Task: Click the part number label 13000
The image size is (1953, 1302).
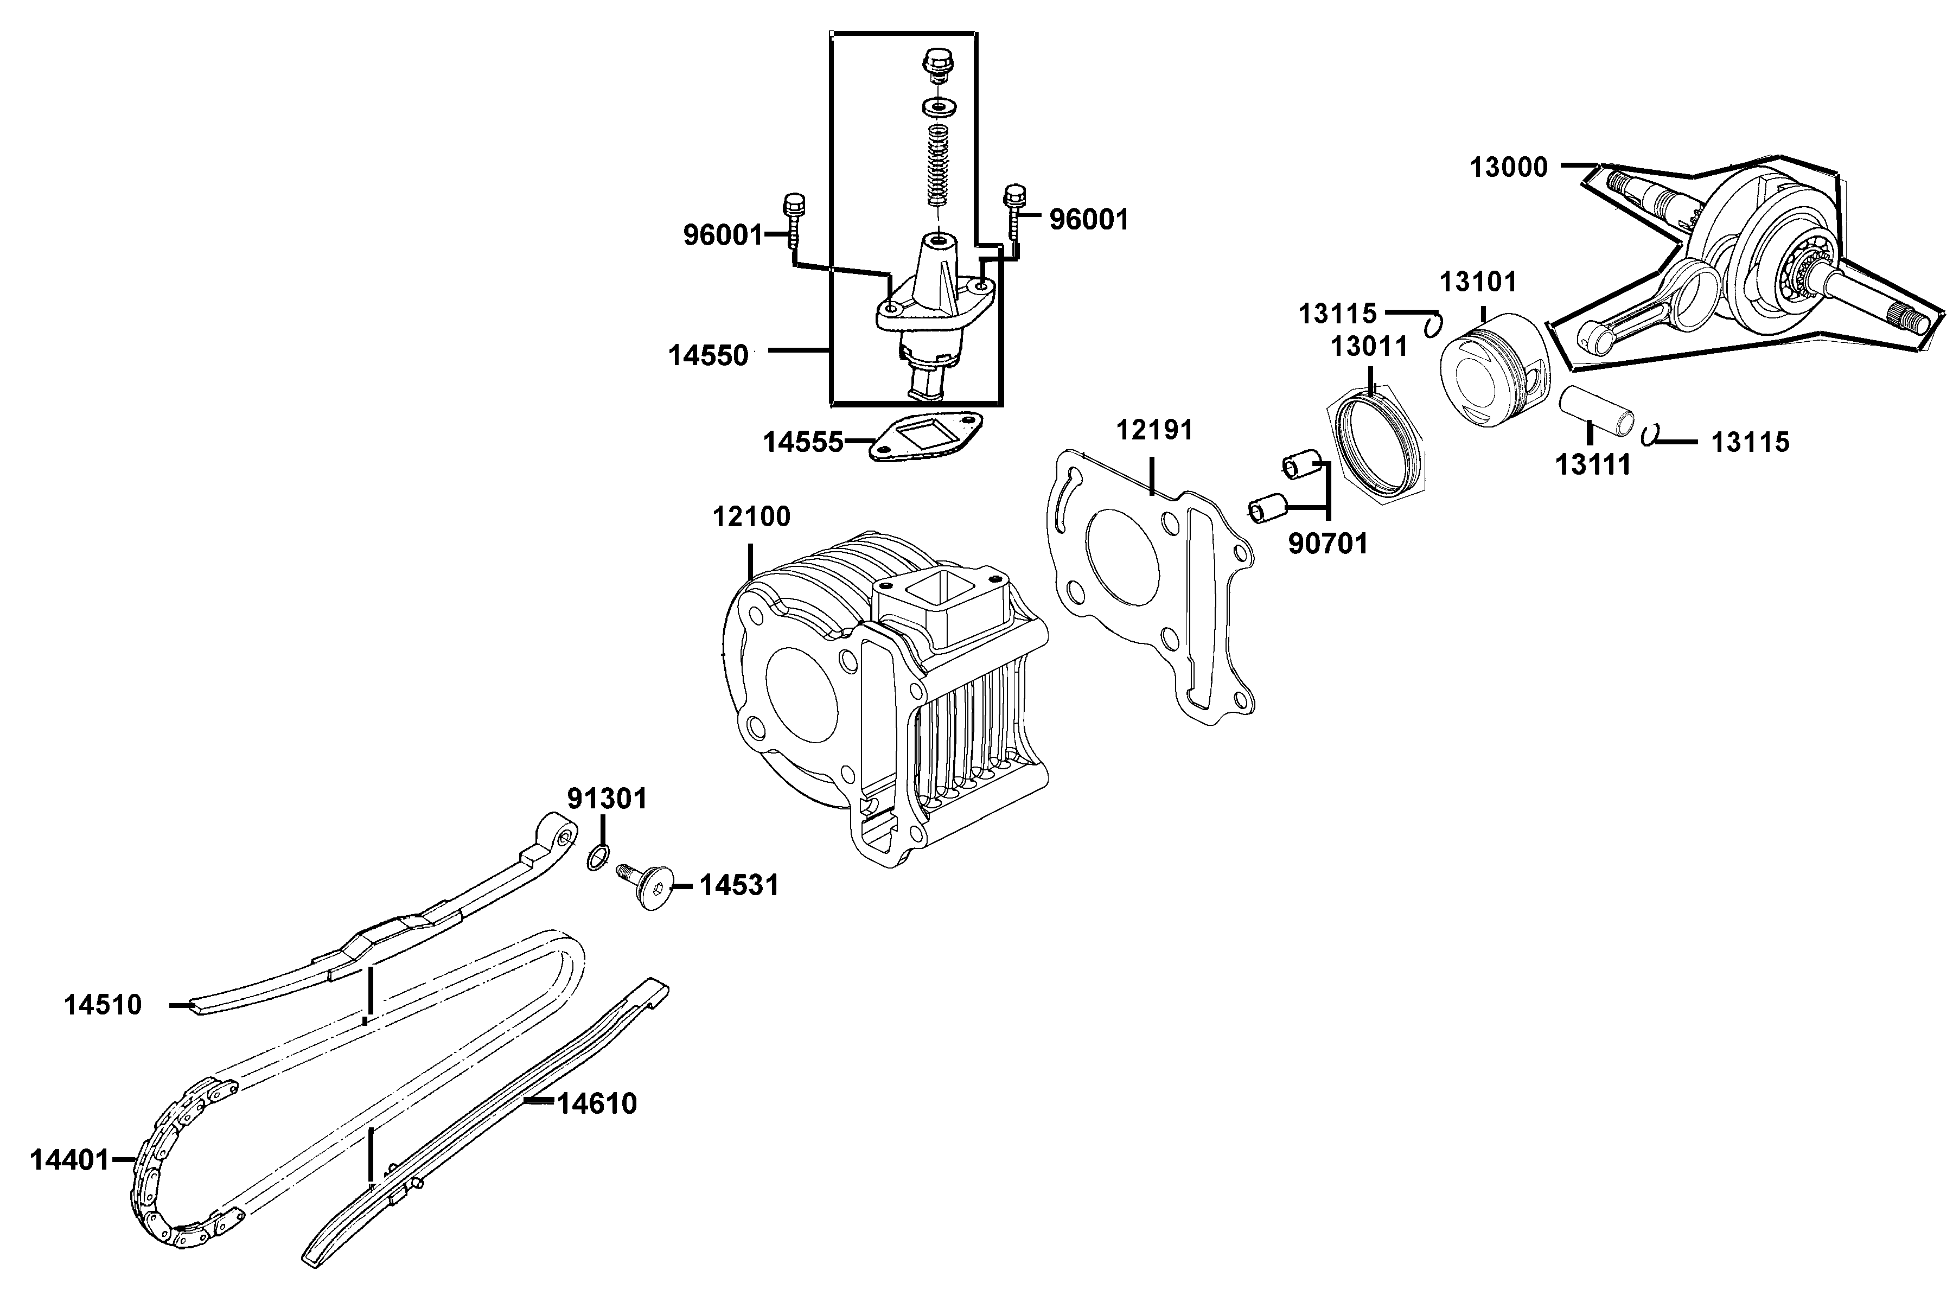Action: tap(1509, 168)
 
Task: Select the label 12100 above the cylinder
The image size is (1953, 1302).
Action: tap(751, 516)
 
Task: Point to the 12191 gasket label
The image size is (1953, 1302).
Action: tap(1154, 430)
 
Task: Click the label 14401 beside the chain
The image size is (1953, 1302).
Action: tap(70, 1160)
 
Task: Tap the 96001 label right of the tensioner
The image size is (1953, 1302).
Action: tap(1089, 220)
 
